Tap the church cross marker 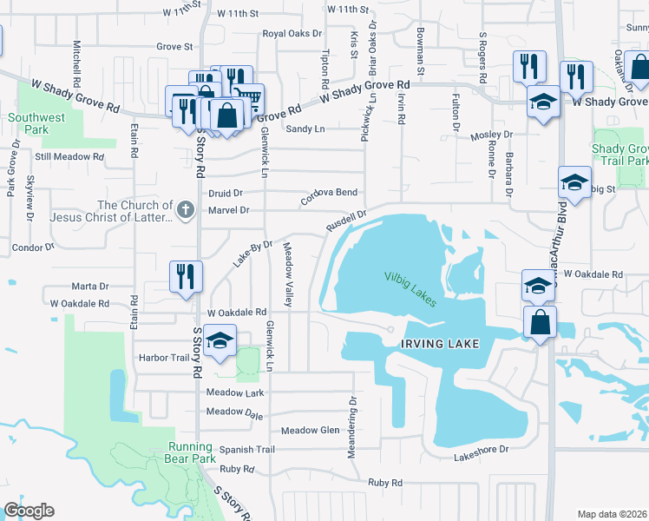(185, 209)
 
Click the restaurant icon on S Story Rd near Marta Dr (187, 277)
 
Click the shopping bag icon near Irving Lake (540, 321)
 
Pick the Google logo (29, 511)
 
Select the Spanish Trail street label (246, 450)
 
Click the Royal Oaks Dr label (292, 35)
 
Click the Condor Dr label (33, 247)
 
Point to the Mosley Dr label (492, 136)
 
